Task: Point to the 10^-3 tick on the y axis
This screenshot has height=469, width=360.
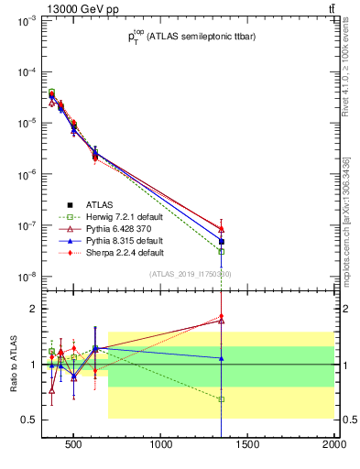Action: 25,20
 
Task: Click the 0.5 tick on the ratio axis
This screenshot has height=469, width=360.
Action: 28,420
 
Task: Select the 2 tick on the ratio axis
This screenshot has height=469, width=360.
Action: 34,309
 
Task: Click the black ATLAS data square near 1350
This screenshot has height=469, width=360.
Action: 222,242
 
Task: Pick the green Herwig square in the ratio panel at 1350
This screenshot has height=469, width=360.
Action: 222,399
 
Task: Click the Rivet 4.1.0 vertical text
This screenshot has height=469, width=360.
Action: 346,72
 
